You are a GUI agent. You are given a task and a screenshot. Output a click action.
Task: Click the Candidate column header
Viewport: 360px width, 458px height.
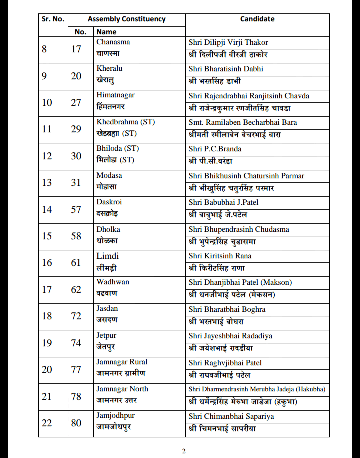257,19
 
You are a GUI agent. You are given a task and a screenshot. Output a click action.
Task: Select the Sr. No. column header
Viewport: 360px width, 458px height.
53,19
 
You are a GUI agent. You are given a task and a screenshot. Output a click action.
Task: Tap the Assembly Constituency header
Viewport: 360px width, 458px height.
126,19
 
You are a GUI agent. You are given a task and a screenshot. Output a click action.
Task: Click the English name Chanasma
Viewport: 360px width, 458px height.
113,42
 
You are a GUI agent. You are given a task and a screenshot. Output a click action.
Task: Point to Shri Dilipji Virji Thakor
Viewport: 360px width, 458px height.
228,42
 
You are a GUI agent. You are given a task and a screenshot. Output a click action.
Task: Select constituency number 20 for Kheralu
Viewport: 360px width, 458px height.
76,76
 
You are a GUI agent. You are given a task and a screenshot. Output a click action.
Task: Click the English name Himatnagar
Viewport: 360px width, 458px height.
115,95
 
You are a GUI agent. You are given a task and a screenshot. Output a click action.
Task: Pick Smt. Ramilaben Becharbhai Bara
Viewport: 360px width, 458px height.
243,122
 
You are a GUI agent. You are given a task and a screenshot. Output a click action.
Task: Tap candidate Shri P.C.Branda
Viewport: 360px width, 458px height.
215,149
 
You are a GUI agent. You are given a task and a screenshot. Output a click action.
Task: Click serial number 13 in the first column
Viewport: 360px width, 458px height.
47,183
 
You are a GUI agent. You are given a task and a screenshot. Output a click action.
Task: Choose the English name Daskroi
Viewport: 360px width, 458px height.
109,202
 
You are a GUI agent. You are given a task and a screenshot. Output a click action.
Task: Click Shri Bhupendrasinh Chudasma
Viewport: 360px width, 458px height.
239,229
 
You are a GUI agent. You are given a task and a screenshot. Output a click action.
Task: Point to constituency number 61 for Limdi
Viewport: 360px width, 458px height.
76,263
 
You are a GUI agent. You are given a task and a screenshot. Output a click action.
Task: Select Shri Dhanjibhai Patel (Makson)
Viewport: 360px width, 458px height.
240,282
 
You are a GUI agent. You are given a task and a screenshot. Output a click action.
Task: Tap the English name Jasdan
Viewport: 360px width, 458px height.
107,309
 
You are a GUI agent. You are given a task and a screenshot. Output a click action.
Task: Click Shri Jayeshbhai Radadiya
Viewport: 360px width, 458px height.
230,336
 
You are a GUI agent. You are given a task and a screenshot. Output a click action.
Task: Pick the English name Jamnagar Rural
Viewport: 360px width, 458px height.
122,362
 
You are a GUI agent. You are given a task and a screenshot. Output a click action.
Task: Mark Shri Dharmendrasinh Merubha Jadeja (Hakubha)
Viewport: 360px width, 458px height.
257,389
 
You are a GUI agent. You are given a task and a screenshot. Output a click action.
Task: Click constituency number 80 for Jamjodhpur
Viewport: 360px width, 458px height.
76,423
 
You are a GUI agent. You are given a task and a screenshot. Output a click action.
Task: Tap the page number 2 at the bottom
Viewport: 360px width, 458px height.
184,451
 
